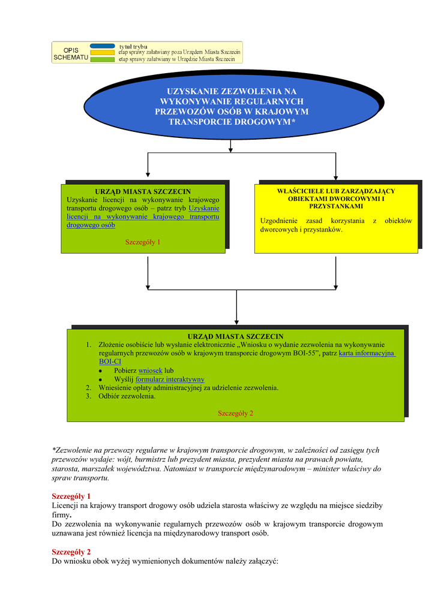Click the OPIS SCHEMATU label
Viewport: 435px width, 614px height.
tap(71, 53)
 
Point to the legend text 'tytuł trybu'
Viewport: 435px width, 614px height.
tap(133, 46)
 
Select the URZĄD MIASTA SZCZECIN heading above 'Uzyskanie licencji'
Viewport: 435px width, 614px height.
tap(143, 191)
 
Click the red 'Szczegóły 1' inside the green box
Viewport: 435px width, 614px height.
tap(143, 242)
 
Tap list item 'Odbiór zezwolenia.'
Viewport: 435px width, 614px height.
tap(127, 396)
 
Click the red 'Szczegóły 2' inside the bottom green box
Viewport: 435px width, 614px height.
tap(235, 413)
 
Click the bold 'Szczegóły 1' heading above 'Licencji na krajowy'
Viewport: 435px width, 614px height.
tap(71, 496)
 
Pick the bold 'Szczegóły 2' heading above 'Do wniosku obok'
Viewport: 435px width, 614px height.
tap(71, 552)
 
